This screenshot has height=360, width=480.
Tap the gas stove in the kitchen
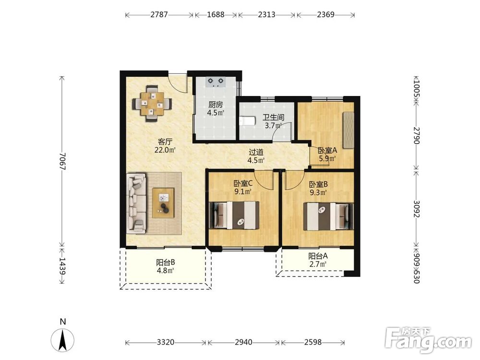[x=216, y=82]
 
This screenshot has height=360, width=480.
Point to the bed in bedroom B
[x=328, y=216]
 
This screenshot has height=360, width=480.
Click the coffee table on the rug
[x=164, y=203]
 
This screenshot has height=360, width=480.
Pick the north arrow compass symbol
[x=63, y=339]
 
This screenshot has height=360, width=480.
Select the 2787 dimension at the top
[x=159, y=14]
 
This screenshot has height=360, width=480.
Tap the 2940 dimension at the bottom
[x=244, y=342]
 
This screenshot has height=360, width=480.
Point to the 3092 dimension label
[x=416, y=208]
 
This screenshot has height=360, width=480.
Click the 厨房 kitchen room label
[x=216, y=105]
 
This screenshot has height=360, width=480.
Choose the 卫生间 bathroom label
[x=274, y=118]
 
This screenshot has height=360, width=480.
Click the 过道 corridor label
[x=256, y=152]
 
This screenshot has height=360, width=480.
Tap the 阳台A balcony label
[x=318, y=256]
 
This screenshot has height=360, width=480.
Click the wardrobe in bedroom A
[x=348, y=131]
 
